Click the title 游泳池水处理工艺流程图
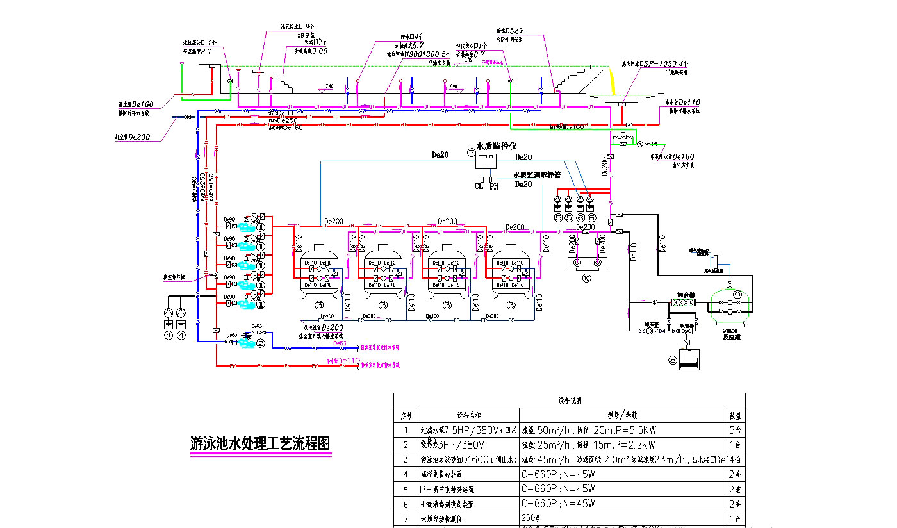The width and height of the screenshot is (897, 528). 261,443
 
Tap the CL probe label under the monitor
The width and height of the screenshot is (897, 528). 478,186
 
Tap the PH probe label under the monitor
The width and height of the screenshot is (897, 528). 493,186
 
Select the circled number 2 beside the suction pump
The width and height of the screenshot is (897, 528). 261,344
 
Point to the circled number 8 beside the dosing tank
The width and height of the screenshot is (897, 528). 671,360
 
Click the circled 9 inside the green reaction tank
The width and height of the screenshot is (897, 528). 737,294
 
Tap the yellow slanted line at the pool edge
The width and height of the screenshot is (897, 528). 612,81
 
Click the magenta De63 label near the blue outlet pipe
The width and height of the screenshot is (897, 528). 340,343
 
